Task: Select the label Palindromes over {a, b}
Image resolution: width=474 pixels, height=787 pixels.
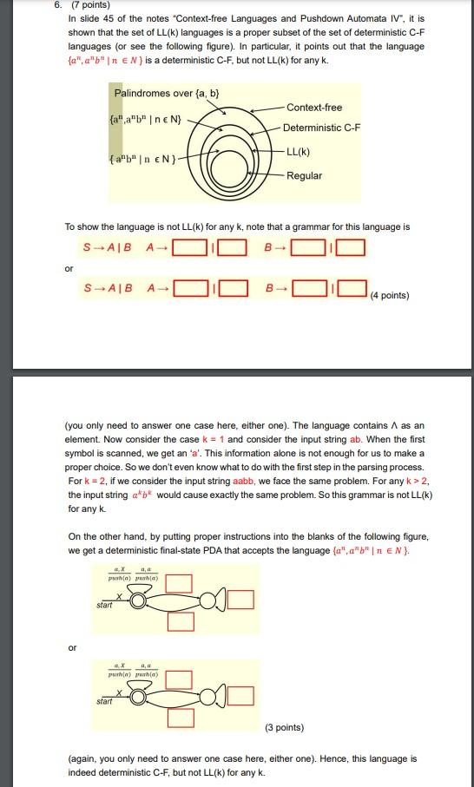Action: (166, 93)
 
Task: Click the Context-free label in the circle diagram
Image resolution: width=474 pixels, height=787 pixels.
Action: (313, 108)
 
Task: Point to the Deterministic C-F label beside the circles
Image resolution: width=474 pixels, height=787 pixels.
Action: (321, 128)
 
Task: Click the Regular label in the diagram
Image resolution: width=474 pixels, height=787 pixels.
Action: (304, 176)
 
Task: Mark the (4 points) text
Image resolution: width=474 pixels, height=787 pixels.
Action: (389, 296)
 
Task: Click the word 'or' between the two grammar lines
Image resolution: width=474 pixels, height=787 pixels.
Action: (69, 267)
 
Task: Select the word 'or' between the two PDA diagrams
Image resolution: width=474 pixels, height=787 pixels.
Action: (73, 647)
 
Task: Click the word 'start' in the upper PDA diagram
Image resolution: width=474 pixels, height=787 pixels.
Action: (105, 605)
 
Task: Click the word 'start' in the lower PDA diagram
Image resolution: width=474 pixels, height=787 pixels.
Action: (105, 701)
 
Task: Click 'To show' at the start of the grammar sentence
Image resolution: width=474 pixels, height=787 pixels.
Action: (82, 227)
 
